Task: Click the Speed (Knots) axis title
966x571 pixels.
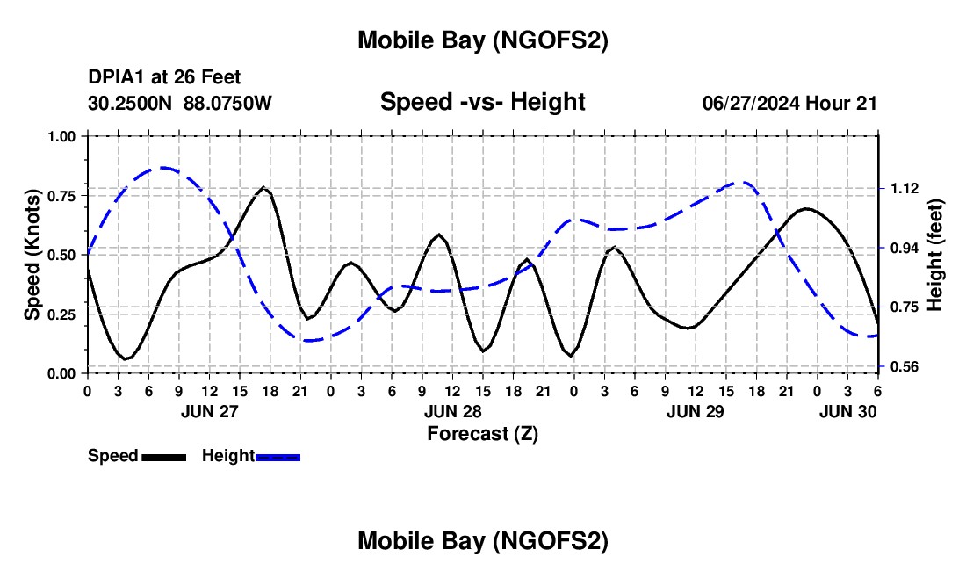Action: (x=32, y=255)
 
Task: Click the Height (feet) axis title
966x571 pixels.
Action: (x=934, y=255)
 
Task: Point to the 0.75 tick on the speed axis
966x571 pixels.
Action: (x=62, y=195)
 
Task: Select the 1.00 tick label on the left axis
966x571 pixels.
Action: (x=62, y=136)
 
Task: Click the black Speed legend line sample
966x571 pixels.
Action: (x=163, y=457)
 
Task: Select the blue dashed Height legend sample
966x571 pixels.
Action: (x=278, y=457)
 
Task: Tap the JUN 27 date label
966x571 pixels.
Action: (x=209, y=411)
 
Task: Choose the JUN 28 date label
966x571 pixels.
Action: (x=452, y=411)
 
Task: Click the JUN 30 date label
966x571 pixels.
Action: (x=847, y=411)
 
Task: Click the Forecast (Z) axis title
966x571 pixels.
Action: (x=482, y=433)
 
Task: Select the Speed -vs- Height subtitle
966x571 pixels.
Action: (x=482, y=102)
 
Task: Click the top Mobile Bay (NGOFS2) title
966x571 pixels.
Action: (x=482, y=40)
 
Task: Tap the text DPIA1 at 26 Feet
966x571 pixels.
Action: (x=164, y=78)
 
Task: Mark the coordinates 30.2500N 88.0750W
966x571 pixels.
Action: (x=180, y=103)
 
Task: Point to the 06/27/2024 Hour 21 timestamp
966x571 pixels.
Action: (x=789, y=103)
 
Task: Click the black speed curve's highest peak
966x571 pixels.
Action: (x=263, y=187)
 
